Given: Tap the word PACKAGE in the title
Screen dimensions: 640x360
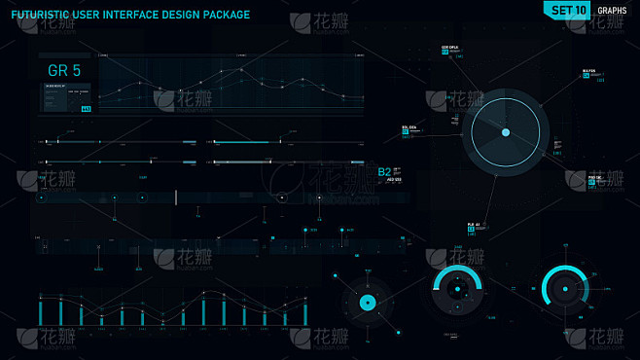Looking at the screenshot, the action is pos(222,15).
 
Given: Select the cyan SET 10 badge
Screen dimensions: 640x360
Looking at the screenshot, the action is pos(568,11).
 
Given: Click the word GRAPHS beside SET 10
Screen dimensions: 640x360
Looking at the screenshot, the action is pos(612,11).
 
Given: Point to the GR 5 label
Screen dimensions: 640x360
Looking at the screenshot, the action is pos(64,70).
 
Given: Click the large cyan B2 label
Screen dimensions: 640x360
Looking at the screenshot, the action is pos(384,172).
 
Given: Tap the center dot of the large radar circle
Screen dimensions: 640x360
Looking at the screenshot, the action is pos(506,131).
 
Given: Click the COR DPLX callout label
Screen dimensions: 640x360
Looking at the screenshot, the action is pos(450,47).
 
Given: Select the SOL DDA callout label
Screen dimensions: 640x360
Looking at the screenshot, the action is pos(409,127).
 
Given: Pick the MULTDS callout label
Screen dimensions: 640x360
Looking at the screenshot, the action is pos(588,71).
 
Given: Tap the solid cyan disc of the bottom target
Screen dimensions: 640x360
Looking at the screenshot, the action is pos(368,303).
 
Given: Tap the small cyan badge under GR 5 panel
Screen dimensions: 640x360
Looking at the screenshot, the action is pos(86,108).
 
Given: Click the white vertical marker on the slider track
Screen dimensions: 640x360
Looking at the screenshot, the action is pos(175,198).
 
